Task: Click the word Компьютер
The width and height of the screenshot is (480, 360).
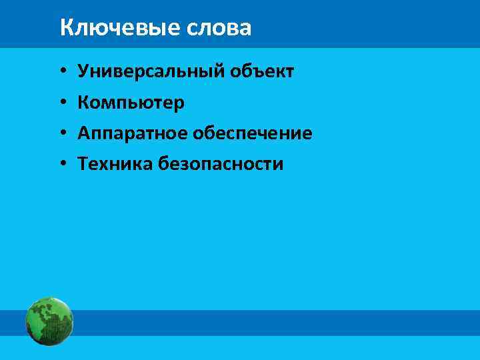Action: point(131,103)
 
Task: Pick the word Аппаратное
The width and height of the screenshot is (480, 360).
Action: point(132,133)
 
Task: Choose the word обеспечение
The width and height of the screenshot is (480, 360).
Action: point(253,133)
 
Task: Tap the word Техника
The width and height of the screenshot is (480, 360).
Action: point(115,164)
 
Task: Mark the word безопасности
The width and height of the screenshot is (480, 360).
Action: point(221,164)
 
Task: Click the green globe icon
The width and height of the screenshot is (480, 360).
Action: point(49,321)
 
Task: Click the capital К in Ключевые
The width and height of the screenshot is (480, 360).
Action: point(65,28)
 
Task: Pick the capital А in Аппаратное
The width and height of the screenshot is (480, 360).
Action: point(83,133)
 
